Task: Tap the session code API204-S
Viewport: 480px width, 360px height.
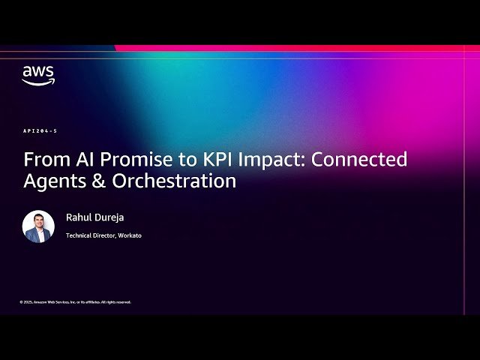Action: point(40,131)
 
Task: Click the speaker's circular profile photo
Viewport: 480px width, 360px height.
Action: point(38,226)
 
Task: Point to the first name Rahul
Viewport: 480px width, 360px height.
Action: point(78,217)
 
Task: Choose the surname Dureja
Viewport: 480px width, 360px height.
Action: point(109,217)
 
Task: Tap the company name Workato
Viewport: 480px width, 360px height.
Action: point(128,235)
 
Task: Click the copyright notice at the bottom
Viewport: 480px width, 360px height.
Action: point(75,302)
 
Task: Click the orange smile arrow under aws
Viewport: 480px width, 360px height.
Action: point(37,82)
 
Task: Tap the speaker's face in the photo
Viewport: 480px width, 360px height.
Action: point(38,221)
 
